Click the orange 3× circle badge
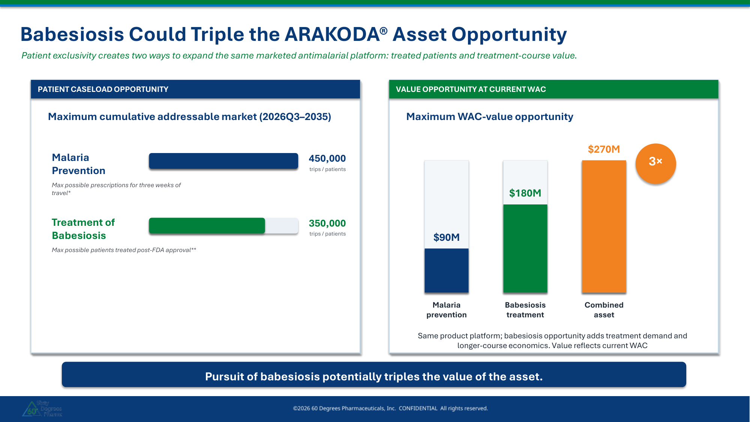pos(655,164)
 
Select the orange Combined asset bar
pos(604,227)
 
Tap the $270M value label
pos(604,149)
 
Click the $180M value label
pos(525,193)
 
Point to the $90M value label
pos(446,237)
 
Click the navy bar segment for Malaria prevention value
pos(446,270)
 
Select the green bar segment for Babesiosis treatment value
pos(525,248)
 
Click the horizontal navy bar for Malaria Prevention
pos(223,161)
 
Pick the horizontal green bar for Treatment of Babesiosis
pos(207,225)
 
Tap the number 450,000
pos(327,159)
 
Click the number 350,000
pos(327,224)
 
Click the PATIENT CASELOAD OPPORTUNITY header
pos(103,89)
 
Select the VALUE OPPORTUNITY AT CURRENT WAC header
pos(471,89)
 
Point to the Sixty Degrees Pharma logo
pos(42,408)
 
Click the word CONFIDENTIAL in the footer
pos(418,408)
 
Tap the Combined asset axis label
pos(604,310)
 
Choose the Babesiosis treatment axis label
pos(525,310)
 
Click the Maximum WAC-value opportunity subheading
pos(489,117)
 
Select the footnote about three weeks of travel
pos(116,189)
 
